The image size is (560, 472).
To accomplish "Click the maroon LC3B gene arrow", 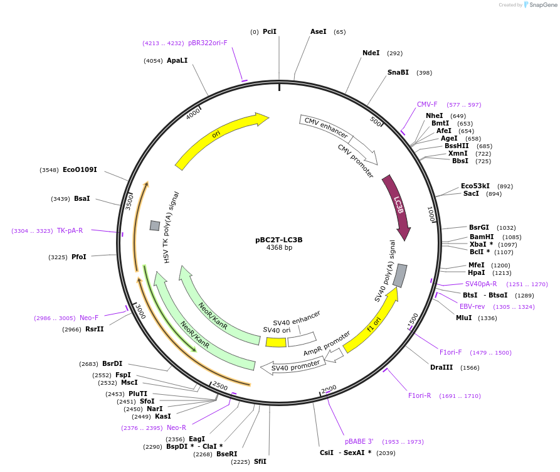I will tap(398, 205).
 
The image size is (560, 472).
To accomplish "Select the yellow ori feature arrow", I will tap(216, 137).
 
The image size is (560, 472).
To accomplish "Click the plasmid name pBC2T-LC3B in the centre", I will tap(279, 239).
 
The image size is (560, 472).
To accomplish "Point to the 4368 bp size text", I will tap(279, 248).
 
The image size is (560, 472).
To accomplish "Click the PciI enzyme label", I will tap(270, 31).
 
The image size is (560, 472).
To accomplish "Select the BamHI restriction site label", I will tap(482, 237).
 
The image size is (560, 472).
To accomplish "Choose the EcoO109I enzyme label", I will tap(80, 169).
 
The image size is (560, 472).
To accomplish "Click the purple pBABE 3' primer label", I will tap(359, 441).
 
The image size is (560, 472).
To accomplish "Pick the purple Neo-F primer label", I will tap(89, 318).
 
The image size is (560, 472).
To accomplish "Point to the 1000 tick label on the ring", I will tap(431, 214).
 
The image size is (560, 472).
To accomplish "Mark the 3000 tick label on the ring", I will tap(140, 312).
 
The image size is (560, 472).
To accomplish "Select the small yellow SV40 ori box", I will tap(276, 342).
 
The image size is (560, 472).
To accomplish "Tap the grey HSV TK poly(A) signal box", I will tap(154, 225).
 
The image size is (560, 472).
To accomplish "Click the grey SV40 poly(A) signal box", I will tap(399, 276).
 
